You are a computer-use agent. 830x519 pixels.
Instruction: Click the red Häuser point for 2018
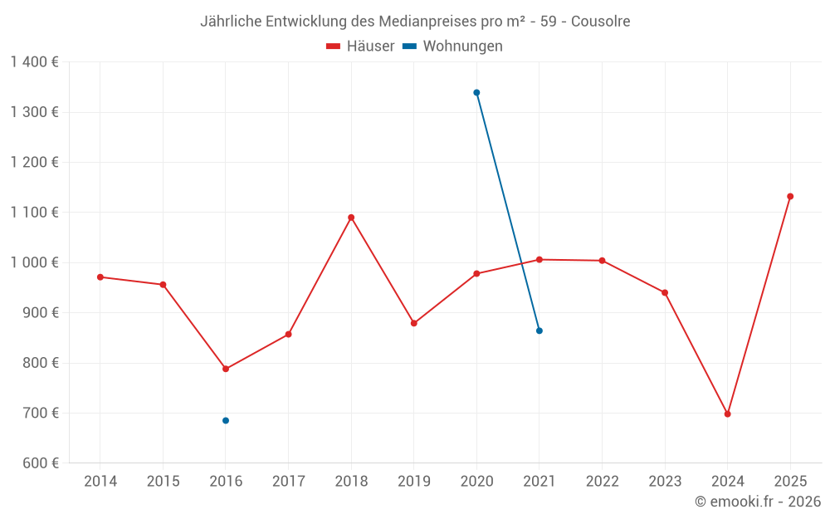click(351, 218)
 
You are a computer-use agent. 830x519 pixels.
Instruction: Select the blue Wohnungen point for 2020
click(476, 93)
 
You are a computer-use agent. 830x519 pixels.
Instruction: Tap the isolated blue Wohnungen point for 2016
click(226, 420)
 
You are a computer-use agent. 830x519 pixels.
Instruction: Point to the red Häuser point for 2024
click(728, 414)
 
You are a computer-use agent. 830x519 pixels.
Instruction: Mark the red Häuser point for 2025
click(790, 197)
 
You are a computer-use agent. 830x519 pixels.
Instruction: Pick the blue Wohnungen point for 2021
click(539, 330)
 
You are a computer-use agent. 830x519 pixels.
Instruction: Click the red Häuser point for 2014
click(100, 277)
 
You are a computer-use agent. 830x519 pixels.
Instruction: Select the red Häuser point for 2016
click(226, 369)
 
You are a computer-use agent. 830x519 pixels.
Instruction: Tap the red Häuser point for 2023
click(665, 292)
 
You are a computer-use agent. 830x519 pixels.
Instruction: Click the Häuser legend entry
click(360, 47)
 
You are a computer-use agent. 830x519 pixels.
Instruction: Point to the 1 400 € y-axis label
click(34, 62)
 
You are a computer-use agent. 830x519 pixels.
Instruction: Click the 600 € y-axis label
click(38, 463)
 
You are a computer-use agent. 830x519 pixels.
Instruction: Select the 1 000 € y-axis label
click(34, 262)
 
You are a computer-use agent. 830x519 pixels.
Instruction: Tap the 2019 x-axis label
click(414, 482)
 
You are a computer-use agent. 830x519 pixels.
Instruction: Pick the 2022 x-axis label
click(603, 482)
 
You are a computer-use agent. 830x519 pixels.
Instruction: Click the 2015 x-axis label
click(163, 482)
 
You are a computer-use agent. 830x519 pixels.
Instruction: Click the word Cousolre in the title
click(600, 22)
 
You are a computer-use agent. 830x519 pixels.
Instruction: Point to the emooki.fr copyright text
click(757, 502)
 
